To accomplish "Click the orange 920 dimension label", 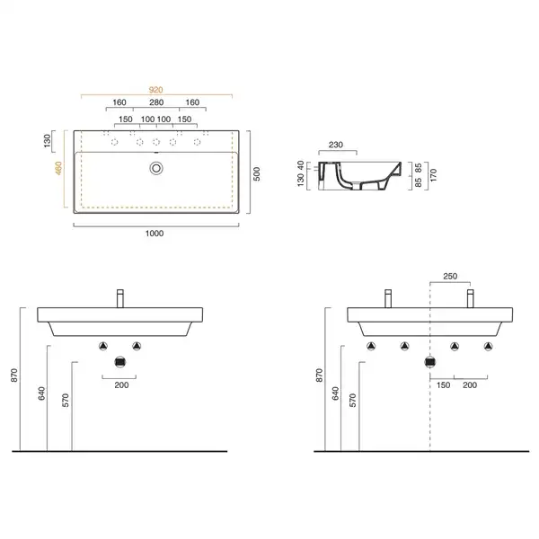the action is [155, 90].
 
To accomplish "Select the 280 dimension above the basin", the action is [156, 102].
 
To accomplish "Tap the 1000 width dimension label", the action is [155, 234].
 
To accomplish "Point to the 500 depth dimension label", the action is [256, 174].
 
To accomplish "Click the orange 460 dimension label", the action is [58, 168].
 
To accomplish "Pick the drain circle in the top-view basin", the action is [156, 168].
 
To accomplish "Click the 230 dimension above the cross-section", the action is [335, 145].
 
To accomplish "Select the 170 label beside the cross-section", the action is [433, 175].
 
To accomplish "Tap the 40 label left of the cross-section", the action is [300, 165].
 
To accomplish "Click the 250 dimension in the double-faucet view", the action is [450, 276].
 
